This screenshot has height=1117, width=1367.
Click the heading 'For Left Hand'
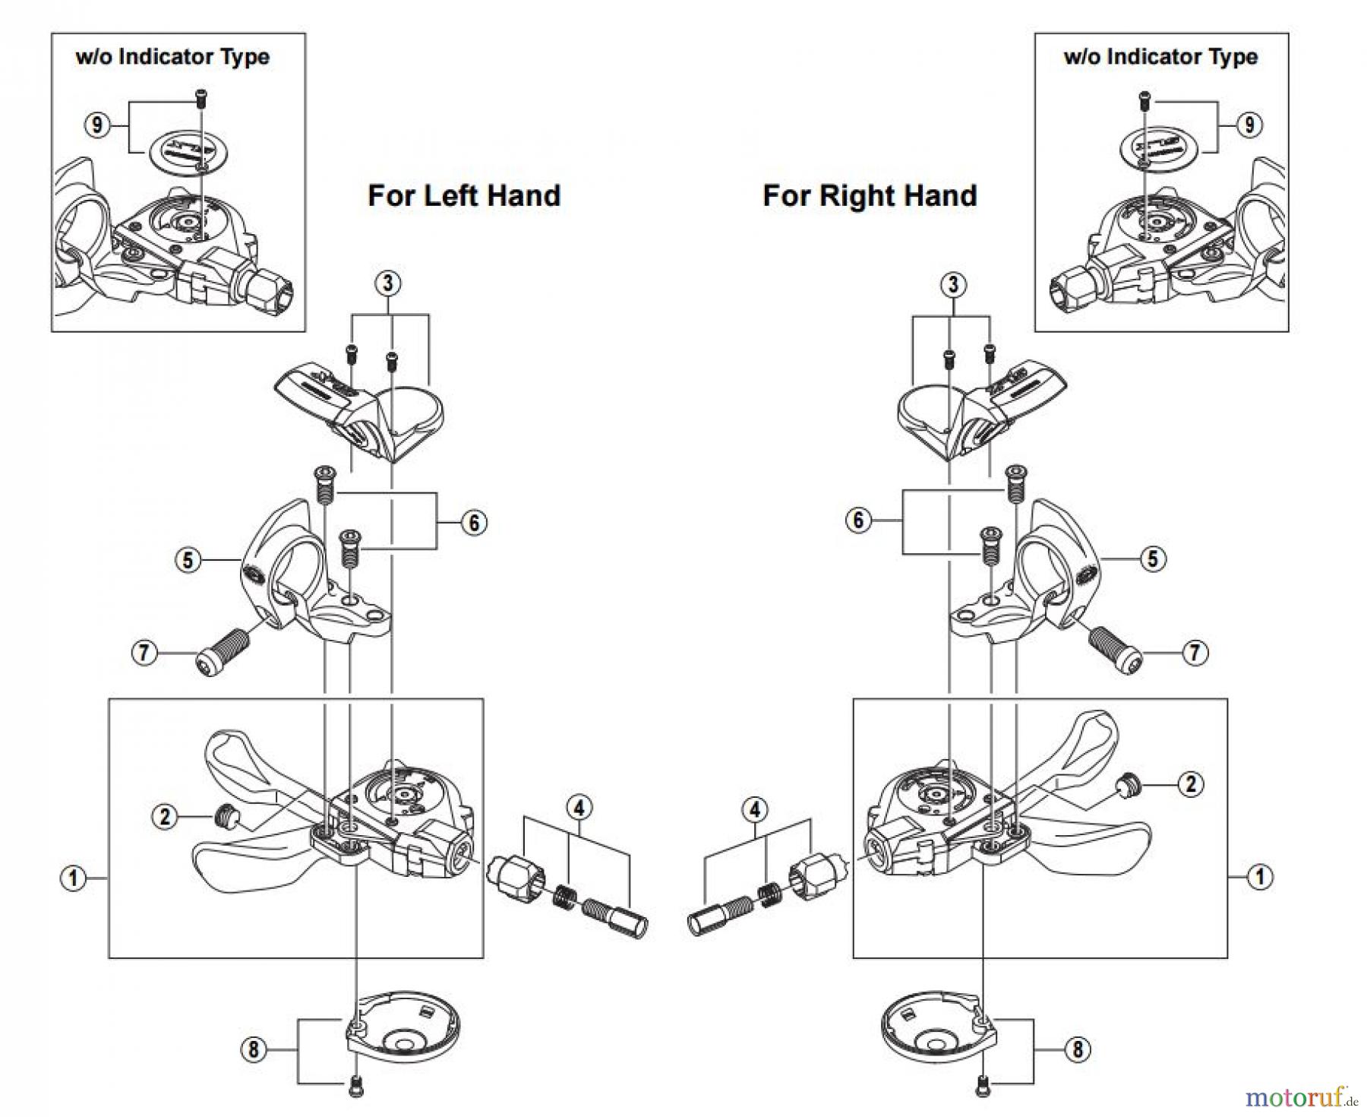pos(464,196)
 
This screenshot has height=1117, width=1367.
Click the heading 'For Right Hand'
pos(870,196)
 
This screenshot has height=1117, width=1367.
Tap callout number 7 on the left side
pos(144,652)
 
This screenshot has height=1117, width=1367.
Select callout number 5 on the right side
pos(1152,559)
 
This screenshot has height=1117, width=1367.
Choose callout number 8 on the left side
pos(253,1050)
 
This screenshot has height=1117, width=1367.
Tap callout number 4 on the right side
pos(754,810)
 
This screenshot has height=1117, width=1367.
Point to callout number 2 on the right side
pos(1190,784)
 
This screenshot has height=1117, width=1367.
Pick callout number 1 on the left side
pos(73,879)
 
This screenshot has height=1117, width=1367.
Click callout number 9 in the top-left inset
pos(96,125)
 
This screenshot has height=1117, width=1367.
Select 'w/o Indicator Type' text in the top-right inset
pos(1160,57)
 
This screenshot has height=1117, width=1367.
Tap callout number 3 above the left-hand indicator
pos(388,283)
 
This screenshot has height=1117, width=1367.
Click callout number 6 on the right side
pos(858,521)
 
